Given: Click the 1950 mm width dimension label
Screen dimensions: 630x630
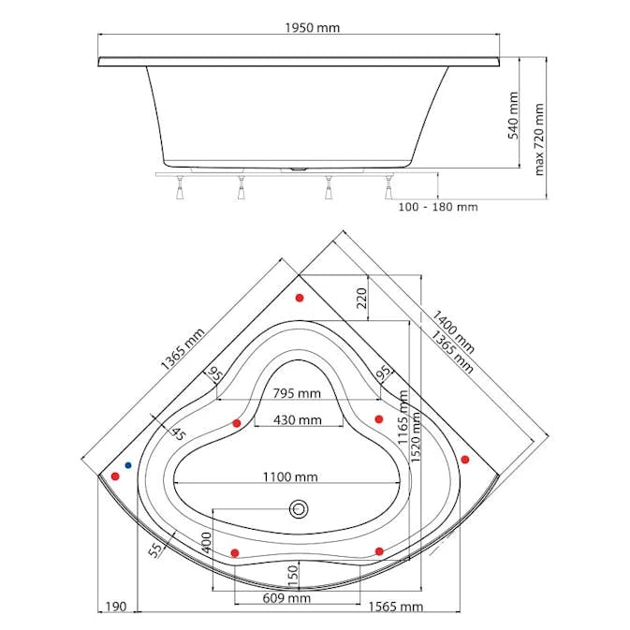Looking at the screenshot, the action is point(312,28).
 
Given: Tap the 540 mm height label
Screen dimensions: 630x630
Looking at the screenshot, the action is point(513,115).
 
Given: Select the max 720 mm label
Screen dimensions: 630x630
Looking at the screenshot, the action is point(539,139).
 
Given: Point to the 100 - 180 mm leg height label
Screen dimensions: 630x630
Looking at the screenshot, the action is point(438,207).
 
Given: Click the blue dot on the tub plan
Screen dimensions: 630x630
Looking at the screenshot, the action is point(128,465).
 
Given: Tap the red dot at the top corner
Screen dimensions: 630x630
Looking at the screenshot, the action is point(300,298).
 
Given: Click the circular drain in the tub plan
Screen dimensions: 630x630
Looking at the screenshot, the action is point(299,509).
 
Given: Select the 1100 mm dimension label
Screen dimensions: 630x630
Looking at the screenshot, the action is point(290,476).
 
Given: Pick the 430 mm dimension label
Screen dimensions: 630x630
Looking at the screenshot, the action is point(298,420).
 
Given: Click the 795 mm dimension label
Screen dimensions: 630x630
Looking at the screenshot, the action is point(297,393).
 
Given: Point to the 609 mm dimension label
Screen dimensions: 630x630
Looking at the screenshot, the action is point(286,598).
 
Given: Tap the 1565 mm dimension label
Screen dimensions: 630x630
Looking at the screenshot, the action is point(396,607).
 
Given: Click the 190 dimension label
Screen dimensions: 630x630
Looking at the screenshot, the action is point(116,607).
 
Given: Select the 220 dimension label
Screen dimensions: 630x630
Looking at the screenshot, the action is point(362,298).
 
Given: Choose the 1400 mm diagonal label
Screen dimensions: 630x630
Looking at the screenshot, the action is point(453,331).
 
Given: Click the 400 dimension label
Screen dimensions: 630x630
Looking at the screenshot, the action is point(206,542).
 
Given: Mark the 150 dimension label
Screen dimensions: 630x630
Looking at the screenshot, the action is point(293,576).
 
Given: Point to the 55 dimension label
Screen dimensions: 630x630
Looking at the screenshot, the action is point(156,549).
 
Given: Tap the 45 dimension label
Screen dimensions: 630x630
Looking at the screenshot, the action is point(179,433).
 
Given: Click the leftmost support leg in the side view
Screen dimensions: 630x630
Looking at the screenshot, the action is point(180,187).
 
